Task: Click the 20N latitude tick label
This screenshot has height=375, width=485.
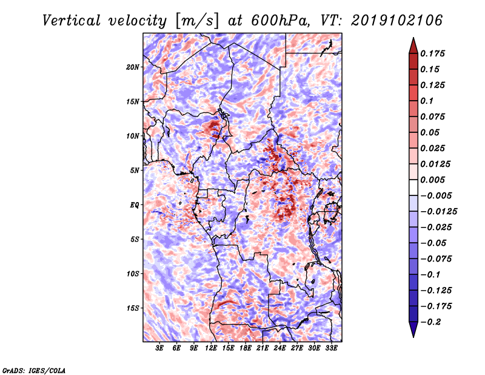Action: pyautogui.click(x=133, y=67)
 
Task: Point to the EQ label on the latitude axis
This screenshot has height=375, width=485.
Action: pyautogui.click(x=135, y=204)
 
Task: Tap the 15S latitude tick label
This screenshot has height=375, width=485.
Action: pyautogui.click(x=133, y=308)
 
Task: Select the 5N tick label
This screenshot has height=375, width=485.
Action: pyautogui.click(x=135, y=170)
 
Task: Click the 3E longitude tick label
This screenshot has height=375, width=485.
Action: pyautogui.click(x=160, y=348)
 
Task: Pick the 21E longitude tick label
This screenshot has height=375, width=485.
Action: pyautogui.click(x=263, y=348)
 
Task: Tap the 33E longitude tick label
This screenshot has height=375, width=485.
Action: pyautogui.click(x=331, y=348)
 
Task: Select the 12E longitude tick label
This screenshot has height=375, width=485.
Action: pyautogui.click(x=211, y=348)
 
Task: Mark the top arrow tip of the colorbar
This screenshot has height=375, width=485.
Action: pyautogui.click(x=412, y=39)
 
